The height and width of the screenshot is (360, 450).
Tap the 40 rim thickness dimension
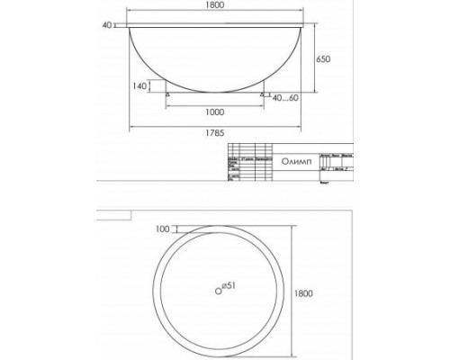(108, 25)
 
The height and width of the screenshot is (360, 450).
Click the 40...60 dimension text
(286, 98)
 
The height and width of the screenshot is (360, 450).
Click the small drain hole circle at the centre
(217, 290)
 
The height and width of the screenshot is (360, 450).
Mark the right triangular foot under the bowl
(262, 92)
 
